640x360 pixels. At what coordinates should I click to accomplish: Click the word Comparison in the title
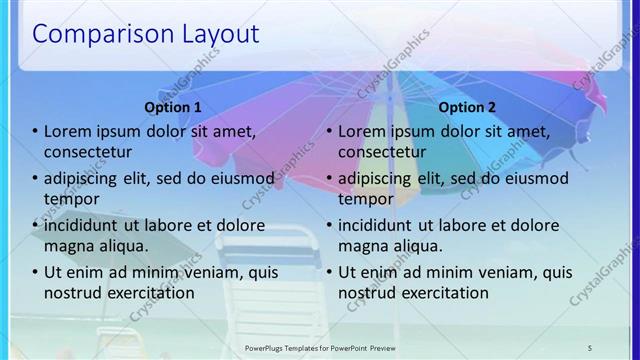click(97, 34)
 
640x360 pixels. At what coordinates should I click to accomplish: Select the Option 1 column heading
click(173, 107)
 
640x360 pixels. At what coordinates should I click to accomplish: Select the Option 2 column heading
click(467, 107)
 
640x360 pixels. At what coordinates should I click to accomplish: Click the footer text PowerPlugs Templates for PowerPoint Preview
click(319, 347)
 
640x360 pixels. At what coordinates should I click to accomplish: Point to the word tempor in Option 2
click(366, 199)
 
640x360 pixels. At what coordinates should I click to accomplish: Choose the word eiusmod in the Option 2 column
click(533, 179)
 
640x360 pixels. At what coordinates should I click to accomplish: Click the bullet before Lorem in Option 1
click(36, 132)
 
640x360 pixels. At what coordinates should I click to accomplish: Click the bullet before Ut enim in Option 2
click(330, 272)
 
